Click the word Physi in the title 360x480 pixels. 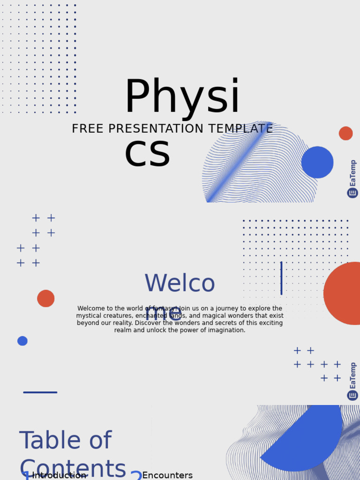point(182,97)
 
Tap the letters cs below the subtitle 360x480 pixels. point(147,154)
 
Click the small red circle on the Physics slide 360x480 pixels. point(346,133)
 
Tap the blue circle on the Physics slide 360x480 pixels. point(317,162)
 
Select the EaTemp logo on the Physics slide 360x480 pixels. point(352,179)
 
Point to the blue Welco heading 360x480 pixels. point(180,284)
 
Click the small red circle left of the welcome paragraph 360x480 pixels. point(46,299)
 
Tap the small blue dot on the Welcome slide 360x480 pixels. point(22,341)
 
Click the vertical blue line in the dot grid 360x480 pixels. point(281,278)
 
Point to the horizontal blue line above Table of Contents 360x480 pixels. point(40,392)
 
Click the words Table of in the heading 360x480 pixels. point(65,441)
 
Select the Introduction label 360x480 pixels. point(59,475)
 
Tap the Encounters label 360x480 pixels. point(167,475)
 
